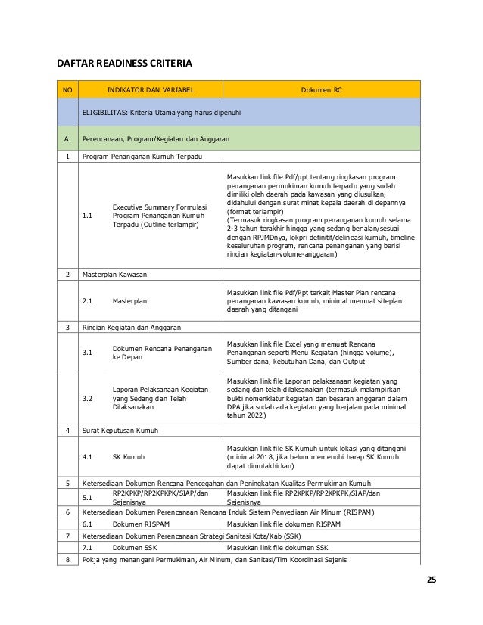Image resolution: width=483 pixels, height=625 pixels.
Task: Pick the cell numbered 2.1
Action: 87,300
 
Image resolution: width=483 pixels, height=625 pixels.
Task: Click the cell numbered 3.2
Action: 87,396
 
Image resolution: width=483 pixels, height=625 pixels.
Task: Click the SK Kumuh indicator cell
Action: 126,457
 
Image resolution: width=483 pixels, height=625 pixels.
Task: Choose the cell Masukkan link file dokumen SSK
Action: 278,547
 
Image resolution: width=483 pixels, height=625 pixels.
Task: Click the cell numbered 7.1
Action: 87,547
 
